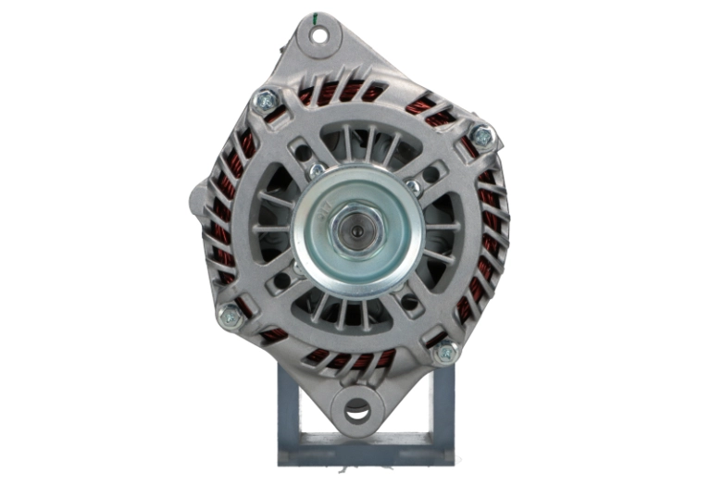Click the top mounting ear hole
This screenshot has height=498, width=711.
318,36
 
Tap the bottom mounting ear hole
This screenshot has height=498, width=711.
356,410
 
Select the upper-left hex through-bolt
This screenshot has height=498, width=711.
266,99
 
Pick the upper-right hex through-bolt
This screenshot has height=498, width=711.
481,135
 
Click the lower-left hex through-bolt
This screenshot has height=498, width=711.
229,316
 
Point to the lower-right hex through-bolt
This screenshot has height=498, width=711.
446,351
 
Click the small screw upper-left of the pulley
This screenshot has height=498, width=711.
317,170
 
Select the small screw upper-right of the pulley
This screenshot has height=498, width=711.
413,186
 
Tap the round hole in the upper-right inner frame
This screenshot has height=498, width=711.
431,172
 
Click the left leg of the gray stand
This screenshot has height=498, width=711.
288,417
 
